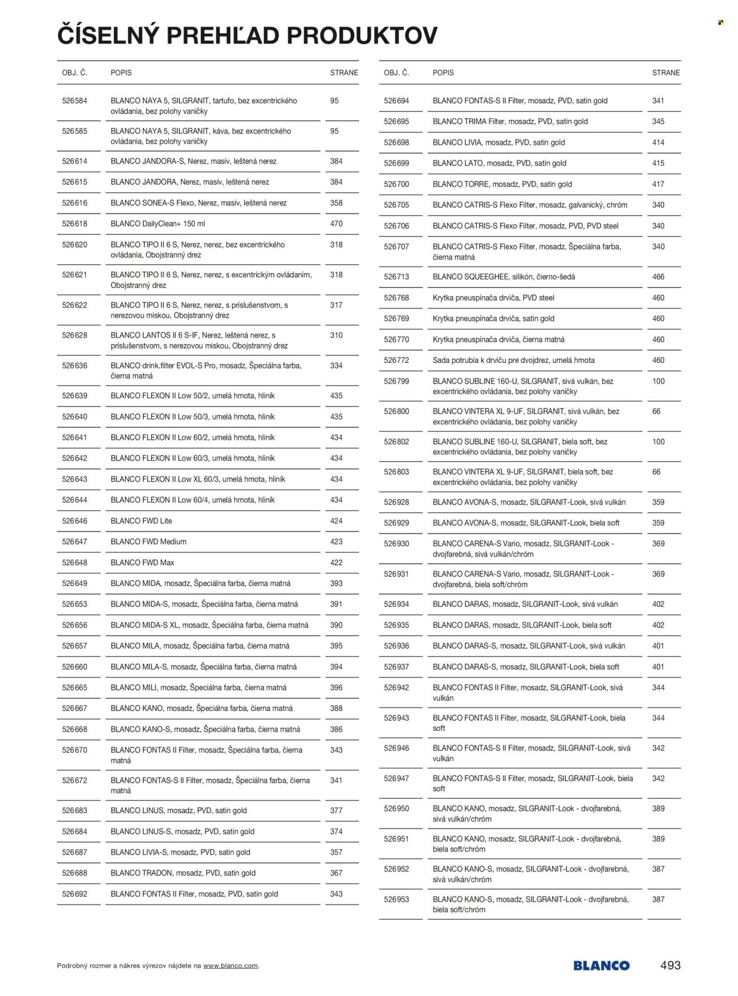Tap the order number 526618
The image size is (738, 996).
(74, 224)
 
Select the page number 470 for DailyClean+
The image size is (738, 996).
(337, 224)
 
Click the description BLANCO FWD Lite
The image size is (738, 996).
(142, 521)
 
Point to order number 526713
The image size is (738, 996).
(396, 277)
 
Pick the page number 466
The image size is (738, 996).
(658, 277)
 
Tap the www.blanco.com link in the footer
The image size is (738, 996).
(230, 966)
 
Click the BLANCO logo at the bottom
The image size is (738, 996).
(601, 966)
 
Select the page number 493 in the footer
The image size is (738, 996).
(670, 965)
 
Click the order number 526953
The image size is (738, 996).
(396, 899)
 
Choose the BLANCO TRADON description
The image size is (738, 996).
(183, 873)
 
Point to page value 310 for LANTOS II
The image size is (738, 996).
(337, 335)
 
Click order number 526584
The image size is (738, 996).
(74, 101)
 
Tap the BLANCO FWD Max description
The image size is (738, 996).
(142, 563)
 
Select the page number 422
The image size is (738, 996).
(337, 563)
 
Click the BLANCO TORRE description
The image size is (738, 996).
(502, 184)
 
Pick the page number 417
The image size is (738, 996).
(658, 184)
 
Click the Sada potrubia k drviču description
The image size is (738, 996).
(514, 360)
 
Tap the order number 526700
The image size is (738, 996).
(396, 184)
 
